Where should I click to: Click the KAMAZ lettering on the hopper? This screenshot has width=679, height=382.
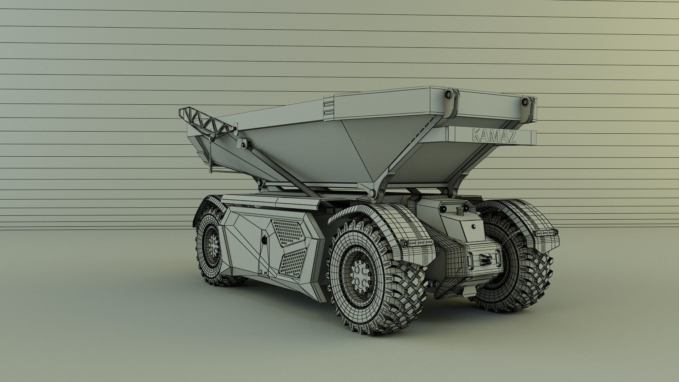click(x=494, y=136)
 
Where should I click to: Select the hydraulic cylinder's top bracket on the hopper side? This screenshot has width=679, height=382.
click(x=244, y=144)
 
